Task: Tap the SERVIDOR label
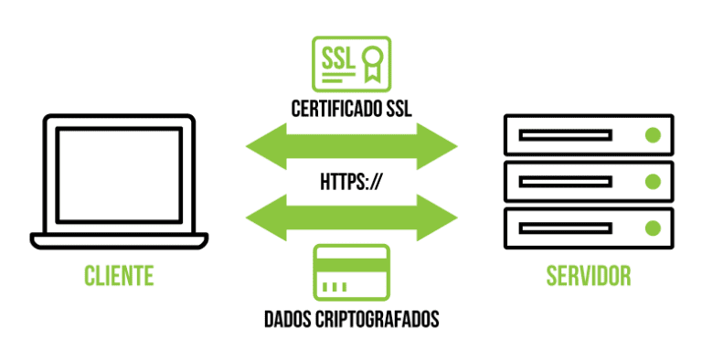(588, 275)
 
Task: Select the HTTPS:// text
(351, 180)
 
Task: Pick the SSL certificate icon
(351, 64)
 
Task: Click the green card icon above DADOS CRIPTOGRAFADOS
(351, 271)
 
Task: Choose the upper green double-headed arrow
(351, 143)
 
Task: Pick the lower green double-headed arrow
(351, 216)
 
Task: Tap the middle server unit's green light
(653, 181)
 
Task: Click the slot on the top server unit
(565, 135)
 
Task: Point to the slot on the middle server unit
(565, 181)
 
